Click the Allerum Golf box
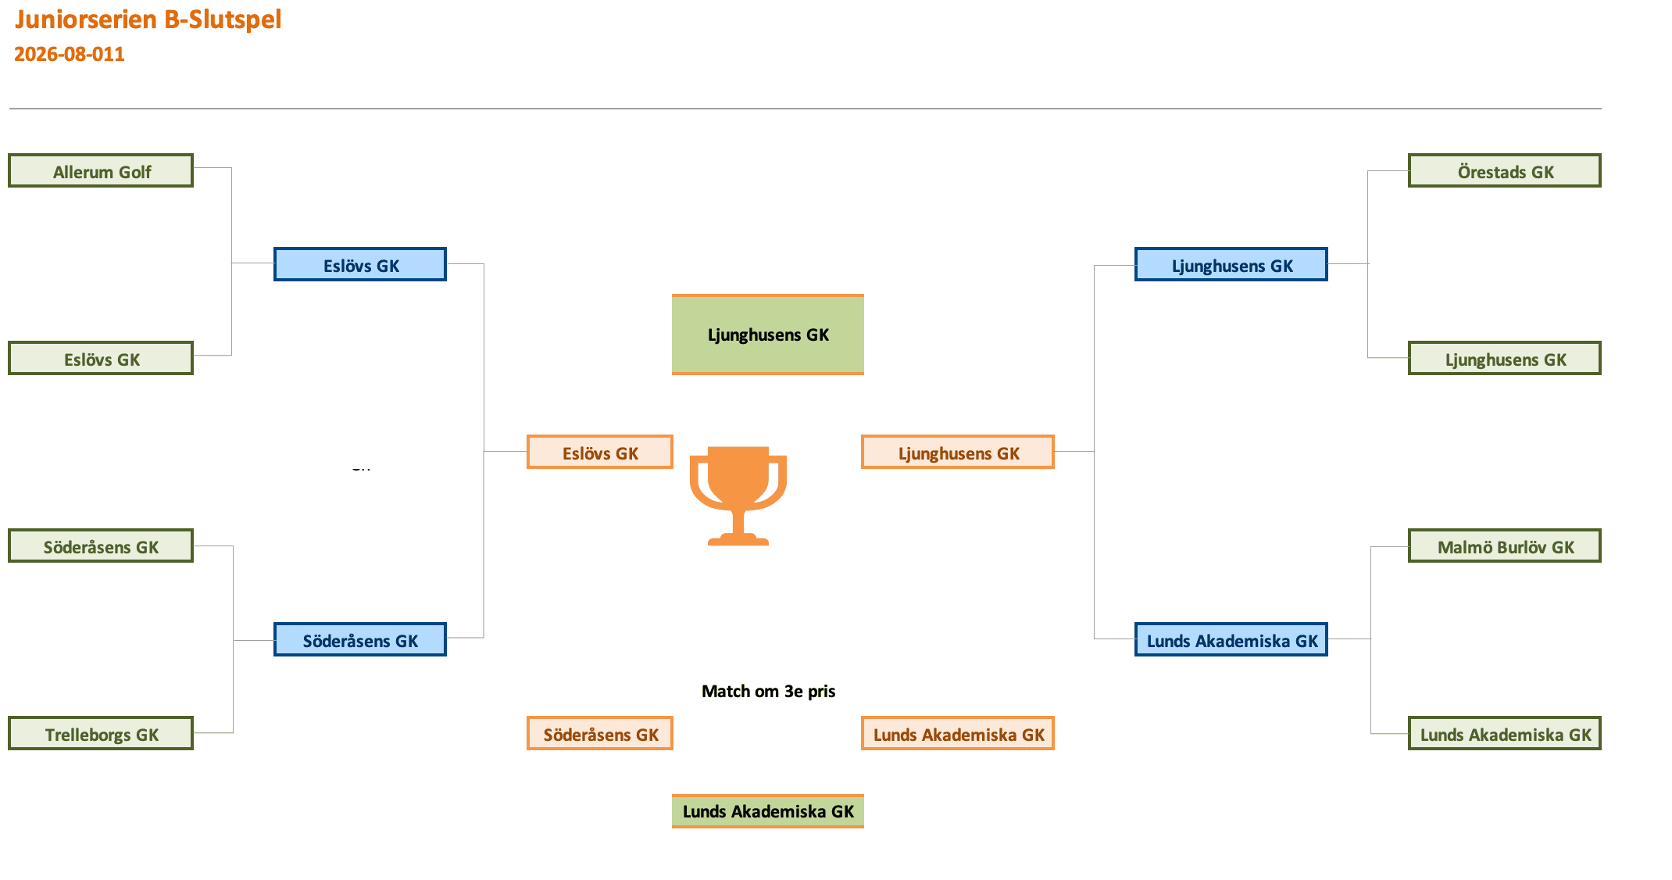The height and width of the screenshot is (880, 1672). coord(101,170)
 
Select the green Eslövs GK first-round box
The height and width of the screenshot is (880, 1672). coord(101,358)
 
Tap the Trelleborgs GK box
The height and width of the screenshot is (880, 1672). coord(101,733)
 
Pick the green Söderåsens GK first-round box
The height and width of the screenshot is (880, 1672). coord(101,546)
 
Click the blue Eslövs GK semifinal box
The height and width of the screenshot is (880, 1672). coord(360,264)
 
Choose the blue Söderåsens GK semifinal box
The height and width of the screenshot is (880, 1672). coord(360,639)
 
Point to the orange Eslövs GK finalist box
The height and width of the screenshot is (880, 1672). coord(600,452)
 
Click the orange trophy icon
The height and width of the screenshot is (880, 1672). coord(738,495)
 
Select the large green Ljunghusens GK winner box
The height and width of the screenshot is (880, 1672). coord(768,334)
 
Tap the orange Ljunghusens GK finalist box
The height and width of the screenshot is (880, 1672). coord(958,452)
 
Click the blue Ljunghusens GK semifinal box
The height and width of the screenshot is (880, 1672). coord(1231,264)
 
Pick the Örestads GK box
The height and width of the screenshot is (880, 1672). coord(1505,170)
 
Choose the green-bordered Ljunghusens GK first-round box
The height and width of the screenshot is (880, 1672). coord(1505,358)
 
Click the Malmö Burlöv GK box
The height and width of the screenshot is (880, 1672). coord(1505,546)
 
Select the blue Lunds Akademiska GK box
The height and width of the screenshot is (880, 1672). coord(1231,639)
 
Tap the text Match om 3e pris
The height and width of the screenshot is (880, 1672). coord(769,691)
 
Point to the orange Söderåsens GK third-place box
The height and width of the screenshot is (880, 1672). coord(600,733)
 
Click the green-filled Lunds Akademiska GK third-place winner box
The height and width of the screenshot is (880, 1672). coord(768,811)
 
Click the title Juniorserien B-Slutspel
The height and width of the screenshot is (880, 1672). coord(148,19)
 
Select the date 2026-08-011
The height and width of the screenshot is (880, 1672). coord(70,54)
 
